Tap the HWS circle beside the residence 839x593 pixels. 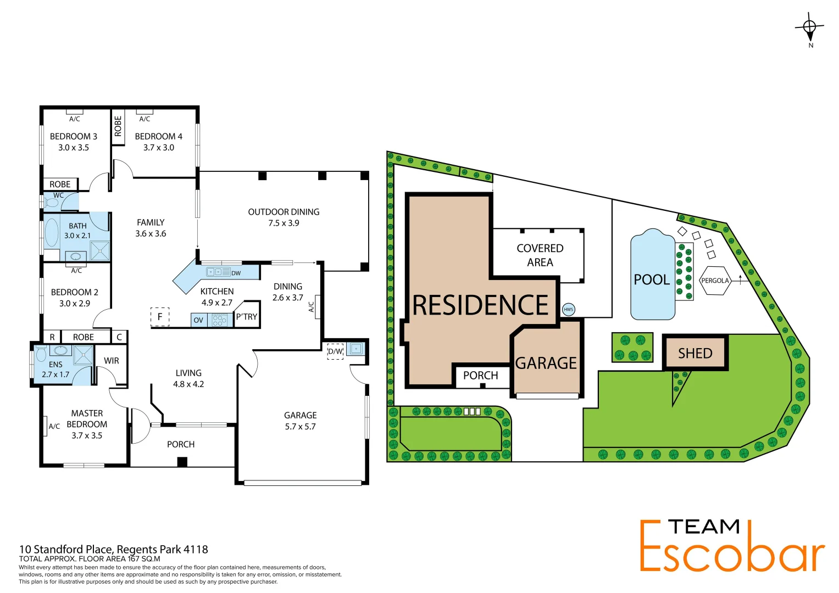tap(568, 309)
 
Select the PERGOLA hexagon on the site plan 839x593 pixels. tap(715, 281)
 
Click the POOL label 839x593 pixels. tap(652, 279)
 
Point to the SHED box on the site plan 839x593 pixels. tap(695, 353)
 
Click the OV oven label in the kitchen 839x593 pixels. tap(198, 320)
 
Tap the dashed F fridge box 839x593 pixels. tap(160, 317)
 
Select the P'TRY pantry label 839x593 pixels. tap(246, 317)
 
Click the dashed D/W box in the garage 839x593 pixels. tap(335, 351)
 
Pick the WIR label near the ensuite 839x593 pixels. tap(112, 361)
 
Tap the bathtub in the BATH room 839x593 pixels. tap(52, 232)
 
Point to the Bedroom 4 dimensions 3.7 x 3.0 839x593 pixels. tap(159, 148)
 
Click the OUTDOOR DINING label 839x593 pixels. tap(284, 212)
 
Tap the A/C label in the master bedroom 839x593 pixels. tap(54, 426)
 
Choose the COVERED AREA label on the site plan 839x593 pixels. tap(540, 255)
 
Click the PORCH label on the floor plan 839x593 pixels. tap(181, 444)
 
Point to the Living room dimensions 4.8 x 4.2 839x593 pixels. tap(188, 384)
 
